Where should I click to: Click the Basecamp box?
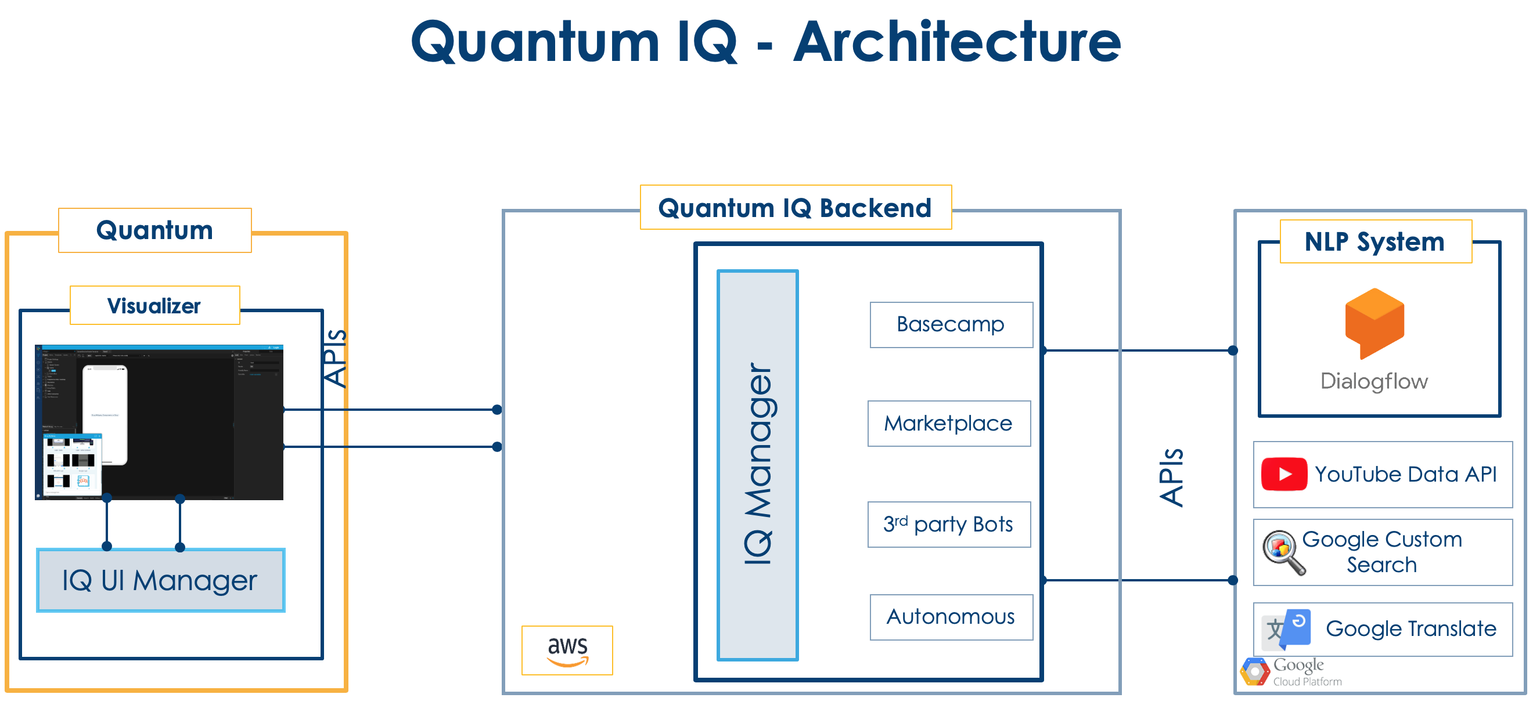pyautogui.click(x=951, y=324)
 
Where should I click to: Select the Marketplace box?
pyautogui.click(x=949, y=424)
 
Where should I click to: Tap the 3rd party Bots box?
pyautogui.click(x=949, y=524)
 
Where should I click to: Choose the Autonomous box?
pyautogui.click(x=951, y=617)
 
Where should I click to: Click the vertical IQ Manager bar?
pyautogui.click(x=757, y=465)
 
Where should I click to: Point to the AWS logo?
pyautogui.click(x=567, y=650)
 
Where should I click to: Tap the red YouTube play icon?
pyautogui.click(x=1283, y=474)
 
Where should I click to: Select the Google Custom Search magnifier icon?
pyautogui.click(x=1282, y=551)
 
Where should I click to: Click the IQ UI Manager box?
pyautogui.click(x=160, y=580)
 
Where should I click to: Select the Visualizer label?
pyautogui.click(x=154, y=305)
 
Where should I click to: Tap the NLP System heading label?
pyautogui.click(x=1375, y=241)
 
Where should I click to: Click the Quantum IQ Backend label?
pyautogui.click(x=794, y=207)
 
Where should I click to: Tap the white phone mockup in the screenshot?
pyautogui.click(x=105, y=414)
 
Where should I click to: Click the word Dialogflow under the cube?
pyautogui.click(x=1374, y=381)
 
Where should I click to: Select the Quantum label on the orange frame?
pyautogui.click(x=154, y=230)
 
